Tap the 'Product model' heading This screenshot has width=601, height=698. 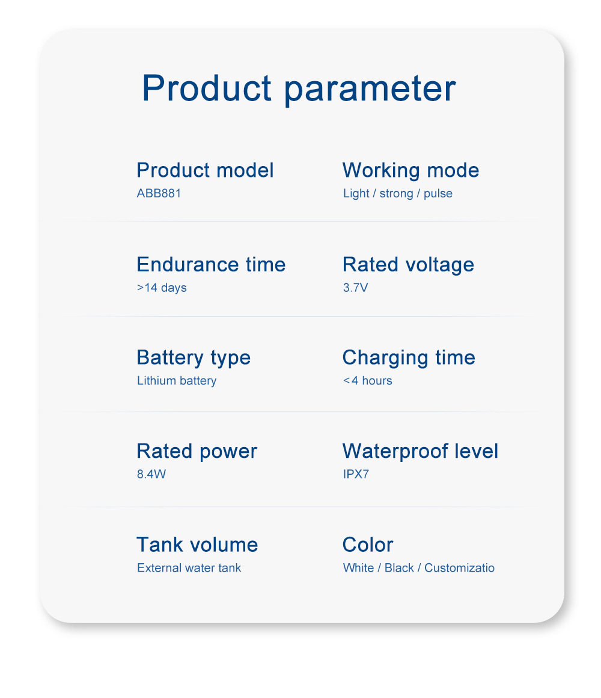pos(205,170)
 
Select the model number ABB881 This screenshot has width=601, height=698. pos(159,193)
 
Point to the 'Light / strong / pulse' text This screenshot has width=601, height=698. pos(398,194)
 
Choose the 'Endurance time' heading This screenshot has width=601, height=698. pos(211,264)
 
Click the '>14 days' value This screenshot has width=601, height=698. pos(162,288)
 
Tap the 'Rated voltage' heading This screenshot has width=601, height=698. pos(409,265)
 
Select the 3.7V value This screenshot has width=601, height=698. pos(356,288)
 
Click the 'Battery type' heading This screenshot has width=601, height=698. pos(194,359)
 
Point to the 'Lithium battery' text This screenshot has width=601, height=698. pos(177,381)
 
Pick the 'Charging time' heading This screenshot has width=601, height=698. pos(409,359)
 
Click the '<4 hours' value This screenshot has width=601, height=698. pos(368,381)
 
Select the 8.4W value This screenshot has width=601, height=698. pos(151,474)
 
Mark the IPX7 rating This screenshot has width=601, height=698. pos(356,474)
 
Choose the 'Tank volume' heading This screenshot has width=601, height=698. pos(197,545)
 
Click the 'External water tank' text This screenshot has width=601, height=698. pos(189,568)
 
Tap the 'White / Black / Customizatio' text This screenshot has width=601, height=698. pos(419,568)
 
